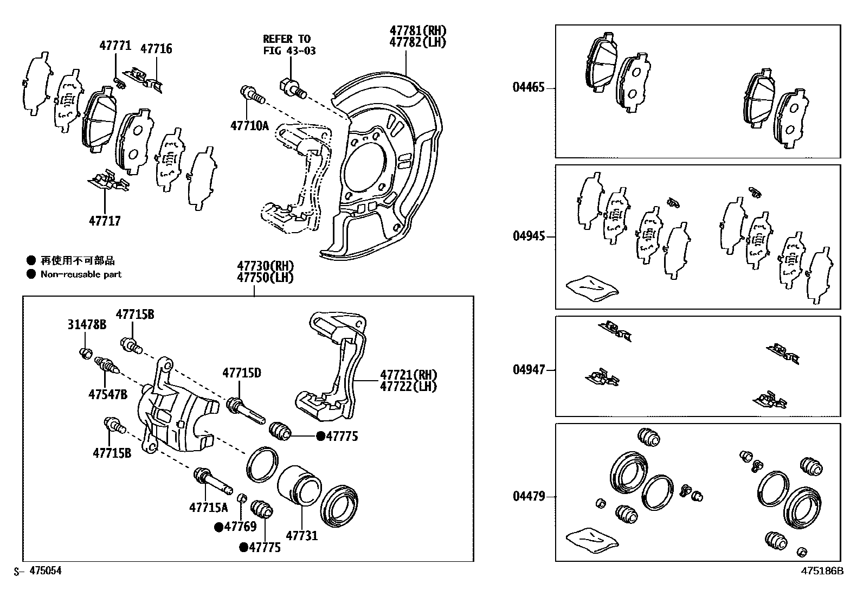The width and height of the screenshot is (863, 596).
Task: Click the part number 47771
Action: pyautogui.click(x=115, y=46)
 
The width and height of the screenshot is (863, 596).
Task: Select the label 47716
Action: pyautogui.click(x=156, y=49)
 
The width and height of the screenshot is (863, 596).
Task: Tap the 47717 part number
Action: pyautogui.click(x=105, y=221)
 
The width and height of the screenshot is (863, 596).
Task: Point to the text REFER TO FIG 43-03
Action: pyautogui.click(x=289, y=44)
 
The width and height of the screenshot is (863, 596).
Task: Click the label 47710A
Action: pyautogui.click(x=249, y=126)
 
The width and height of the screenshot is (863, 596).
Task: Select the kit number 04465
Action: pyautogui.click(x=529, y=87)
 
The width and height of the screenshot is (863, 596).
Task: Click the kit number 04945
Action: pyautogui.click(x=529, y=236)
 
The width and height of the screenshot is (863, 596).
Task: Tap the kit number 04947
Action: pyautogui.click(x=529, y=370)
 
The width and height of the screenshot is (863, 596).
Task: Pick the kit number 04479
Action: pyautogui.click(x=529, y=496)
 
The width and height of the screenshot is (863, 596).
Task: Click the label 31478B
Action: pyautogui.click(x=87, y=324)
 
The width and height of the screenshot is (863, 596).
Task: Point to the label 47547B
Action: pyautogui.click(x=108, y=394)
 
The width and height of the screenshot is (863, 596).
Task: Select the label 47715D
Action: pyautogui.click(x=242, y=373)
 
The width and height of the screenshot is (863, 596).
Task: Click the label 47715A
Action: pyautogui.click(x=209, y=507)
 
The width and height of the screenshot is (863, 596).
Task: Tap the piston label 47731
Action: pyautogui.click(x=301, y=535)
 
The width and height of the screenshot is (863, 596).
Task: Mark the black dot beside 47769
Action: pyautogui.click(x=219, y=527)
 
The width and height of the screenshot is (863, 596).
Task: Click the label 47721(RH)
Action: pyautogui.click(x=408, y=375)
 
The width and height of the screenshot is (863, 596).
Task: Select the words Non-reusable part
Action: pyautogui.click(x=81, y=274)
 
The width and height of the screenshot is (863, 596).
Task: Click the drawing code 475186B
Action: pyautogui.click(x=823, y=571)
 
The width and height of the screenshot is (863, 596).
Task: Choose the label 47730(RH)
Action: pyautogui.click(x=265, y=266)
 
